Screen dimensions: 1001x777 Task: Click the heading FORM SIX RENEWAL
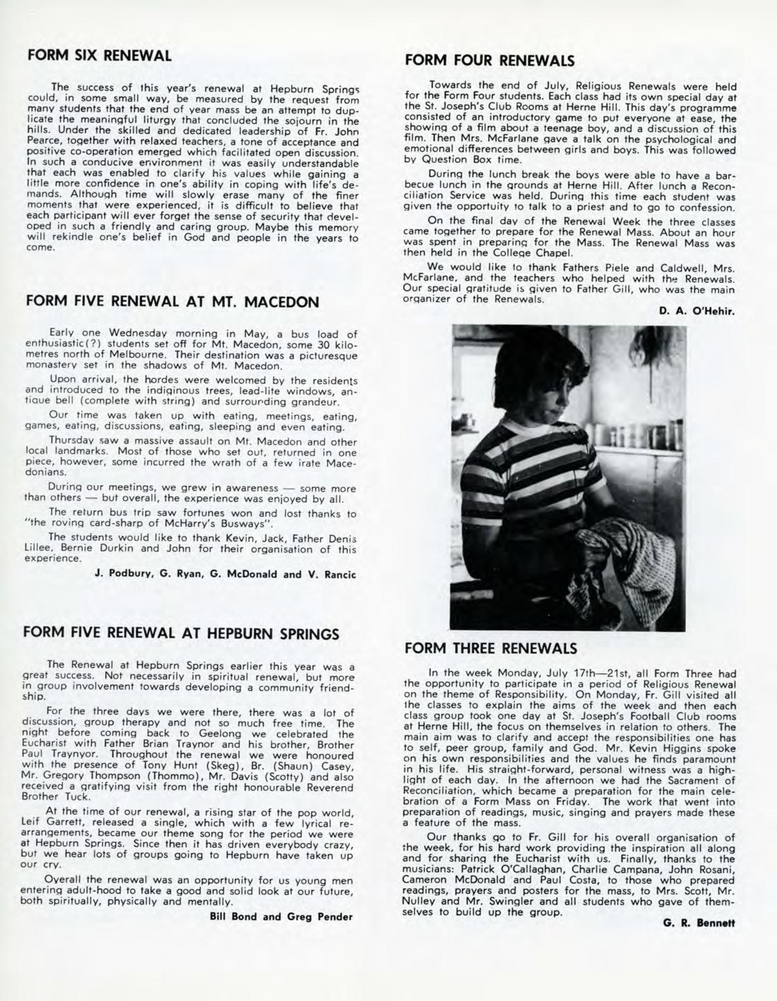coord(99,55)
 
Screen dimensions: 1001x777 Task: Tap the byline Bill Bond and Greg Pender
coord(280,917)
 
